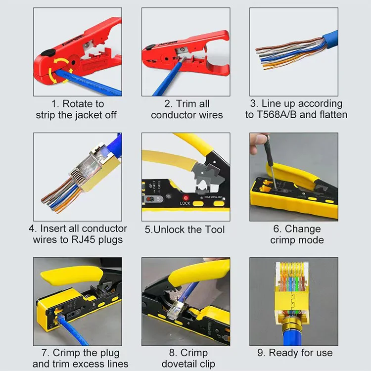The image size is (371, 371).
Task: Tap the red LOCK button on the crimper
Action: (185, 195)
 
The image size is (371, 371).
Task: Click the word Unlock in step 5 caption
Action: (177, 230)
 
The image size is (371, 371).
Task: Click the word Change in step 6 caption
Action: (303, 229)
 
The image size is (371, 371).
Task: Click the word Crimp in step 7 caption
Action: (69, 353)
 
